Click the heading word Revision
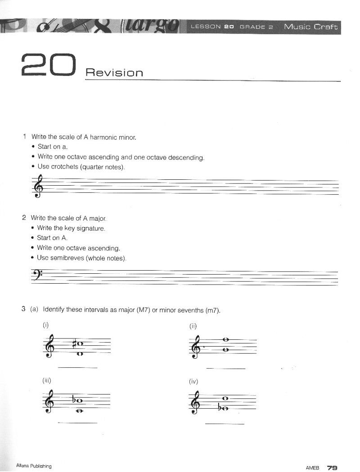(114, 72)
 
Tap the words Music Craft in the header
(310, 27)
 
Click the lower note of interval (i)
(80, 354)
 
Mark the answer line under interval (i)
(78, 368)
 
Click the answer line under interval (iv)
(225, 423)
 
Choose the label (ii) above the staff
(193, 326)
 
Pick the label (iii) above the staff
(47, 380)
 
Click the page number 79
(332, 468)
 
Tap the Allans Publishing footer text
(34, 466)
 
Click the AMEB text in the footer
(312, 468)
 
